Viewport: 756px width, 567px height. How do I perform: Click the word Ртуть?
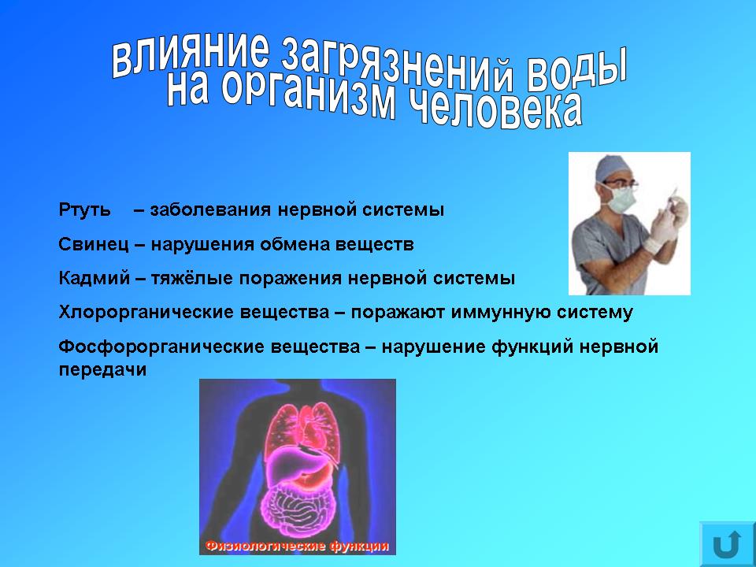(84, 210)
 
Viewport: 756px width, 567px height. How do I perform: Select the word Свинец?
(94, 244)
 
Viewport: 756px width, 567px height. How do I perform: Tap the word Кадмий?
(94, 279)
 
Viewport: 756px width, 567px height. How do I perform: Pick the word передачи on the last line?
(102, 370)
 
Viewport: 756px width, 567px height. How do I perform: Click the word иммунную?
(501, 313)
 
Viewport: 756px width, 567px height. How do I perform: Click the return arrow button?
(727, 543)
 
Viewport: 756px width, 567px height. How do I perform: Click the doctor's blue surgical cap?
(613, 169)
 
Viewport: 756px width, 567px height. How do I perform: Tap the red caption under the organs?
(297, 547)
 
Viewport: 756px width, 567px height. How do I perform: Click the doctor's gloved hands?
(665, 224)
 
